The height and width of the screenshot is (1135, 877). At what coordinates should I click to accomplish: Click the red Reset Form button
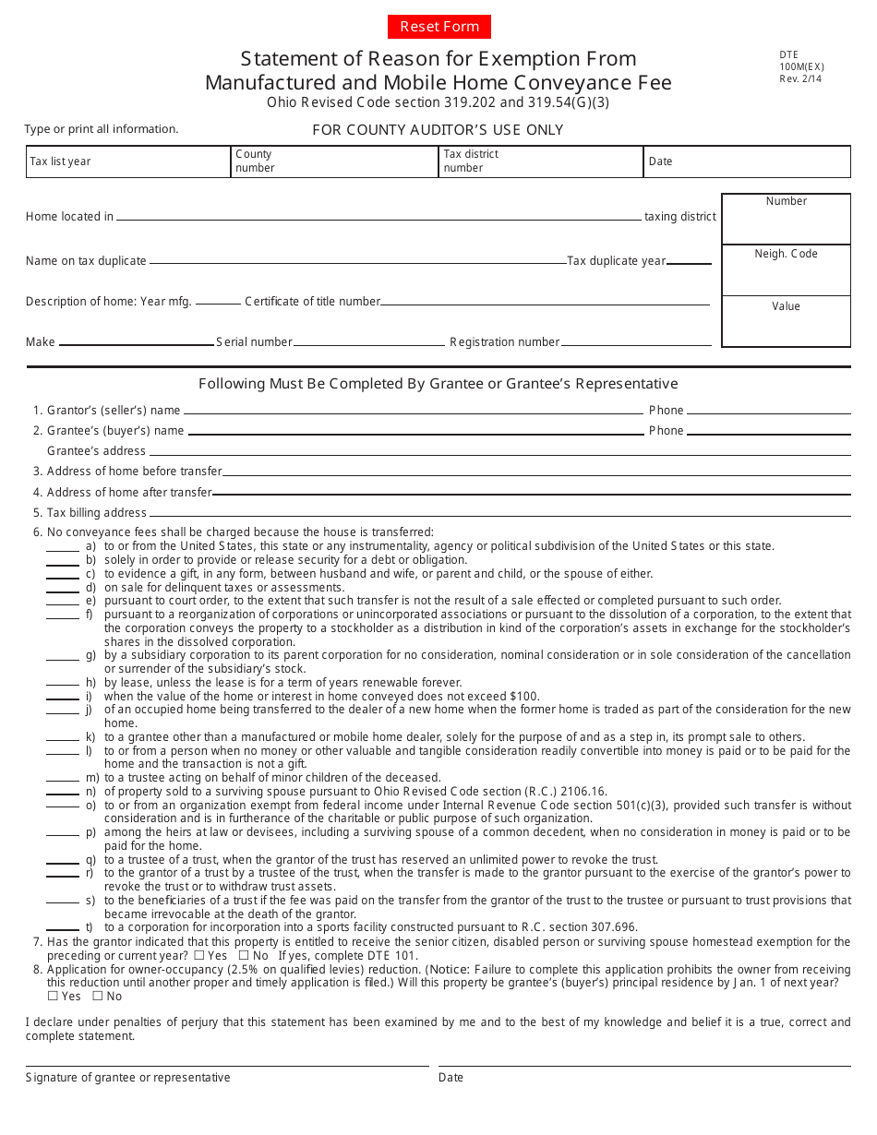point(438,27)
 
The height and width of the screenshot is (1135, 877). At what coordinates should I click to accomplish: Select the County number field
point(334,161)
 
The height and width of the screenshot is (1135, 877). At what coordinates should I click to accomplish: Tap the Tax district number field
point(541,161)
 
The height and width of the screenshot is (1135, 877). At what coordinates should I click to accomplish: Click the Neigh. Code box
point(786,270)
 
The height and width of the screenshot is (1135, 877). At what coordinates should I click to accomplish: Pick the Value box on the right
point(786,321)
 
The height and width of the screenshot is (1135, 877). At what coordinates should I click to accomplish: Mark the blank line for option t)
point(63,928)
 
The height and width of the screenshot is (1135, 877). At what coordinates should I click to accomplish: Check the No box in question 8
point(97,996)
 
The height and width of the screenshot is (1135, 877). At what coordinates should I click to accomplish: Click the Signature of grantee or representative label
point(128,1078)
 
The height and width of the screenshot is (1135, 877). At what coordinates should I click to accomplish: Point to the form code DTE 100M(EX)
point(801,66)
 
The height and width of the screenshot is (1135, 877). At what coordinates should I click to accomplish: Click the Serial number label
point(254,342)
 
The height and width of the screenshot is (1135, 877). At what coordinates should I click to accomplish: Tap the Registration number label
point(504,342)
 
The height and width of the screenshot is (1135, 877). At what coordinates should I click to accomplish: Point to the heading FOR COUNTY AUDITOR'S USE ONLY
point(438,130)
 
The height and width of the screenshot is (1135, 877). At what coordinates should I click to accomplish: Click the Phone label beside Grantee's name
point(666,431)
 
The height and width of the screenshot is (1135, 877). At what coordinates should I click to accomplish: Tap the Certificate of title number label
point(312,302)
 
